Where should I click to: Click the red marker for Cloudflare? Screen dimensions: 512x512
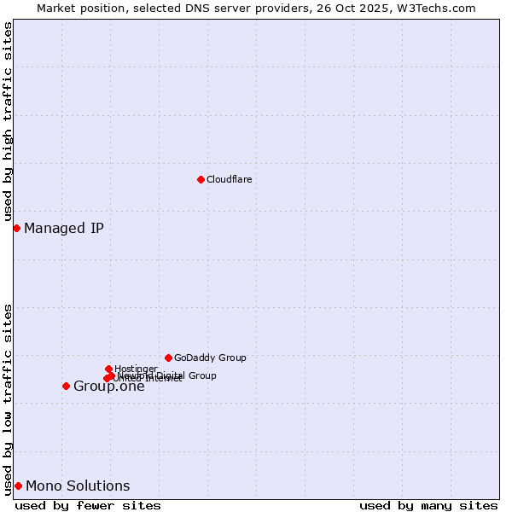tap(201, 179)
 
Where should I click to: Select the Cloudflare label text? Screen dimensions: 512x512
tap(229, 179)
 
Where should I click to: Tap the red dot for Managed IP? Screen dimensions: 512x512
tap(16, 228)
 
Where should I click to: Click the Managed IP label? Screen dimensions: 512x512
tap(64, 228)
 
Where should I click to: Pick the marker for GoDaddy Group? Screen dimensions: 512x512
tap(168, 358)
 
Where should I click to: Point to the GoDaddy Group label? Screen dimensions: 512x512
tap(210, 358)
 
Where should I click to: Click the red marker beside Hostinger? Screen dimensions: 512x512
tap(108, 369)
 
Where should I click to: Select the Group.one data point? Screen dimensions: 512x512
tap(66, 386)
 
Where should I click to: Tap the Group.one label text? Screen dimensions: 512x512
tap(109, 387)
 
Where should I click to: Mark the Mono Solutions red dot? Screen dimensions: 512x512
tap(18, 486)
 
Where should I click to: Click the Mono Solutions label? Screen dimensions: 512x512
tap(78, 486)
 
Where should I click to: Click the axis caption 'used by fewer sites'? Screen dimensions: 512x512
tap(88, 505)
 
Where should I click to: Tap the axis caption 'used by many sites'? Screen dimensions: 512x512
tap(428, 505)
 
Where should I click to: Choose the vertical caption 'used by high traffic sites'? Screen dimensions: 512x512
tap(8, 122)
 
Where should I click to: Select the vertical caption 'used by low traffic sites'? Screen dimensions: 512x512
tap(8, 399)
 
